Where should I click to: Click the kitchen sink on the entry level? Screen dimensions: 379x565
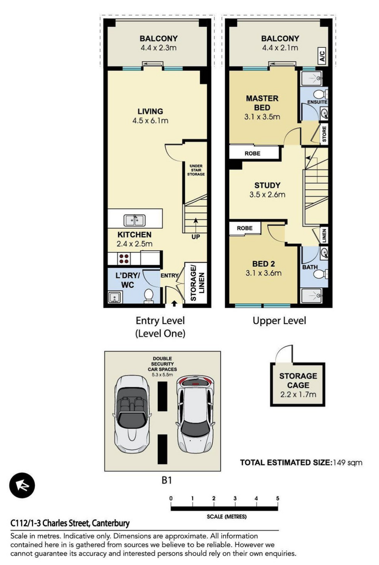coord(135,220)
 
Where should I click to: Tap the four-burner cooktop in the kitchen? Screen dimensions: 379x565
coord(124,259)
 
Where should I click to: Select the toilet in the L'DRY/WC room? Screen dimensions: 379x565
coord(148,295)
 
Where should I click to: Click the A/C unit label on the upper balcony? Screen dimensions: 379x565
coord(322,56)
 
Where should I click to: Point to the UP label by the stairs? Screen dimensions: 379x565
coord(196,237)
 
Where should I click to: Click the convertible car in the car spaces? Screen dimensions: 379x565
coord(131,413)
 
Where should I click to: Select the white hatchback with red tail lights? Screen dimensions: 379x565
coord(195,413)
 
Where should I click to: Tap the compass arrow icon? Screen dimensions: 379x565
coord(22,485)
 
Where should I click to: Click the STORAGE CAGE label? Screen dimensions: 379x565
coord(298,380)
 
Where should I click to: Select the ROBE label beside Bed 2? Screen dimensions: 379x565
coord(244,228)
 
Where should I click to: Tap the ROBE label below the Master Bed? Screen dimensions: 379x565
coord(253,153)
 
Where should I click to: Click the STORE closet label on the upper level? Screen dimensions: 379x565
coord(324,134)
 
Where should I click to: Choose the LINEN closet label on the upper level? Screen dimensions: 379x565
coord(324,235)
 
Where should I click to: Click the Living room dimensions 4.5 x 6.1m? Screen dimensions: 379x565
coord(150,121)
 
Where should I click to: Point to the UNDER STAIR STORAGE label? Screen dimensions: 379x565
coord(196,170)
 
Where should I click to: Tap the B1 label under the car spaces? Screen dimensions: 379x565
coord(167,480)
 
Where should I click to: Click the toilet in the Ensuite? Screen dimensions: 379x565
coord(320,94)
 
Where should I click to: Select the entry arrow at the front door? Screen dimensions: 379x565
coord(174,304)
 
